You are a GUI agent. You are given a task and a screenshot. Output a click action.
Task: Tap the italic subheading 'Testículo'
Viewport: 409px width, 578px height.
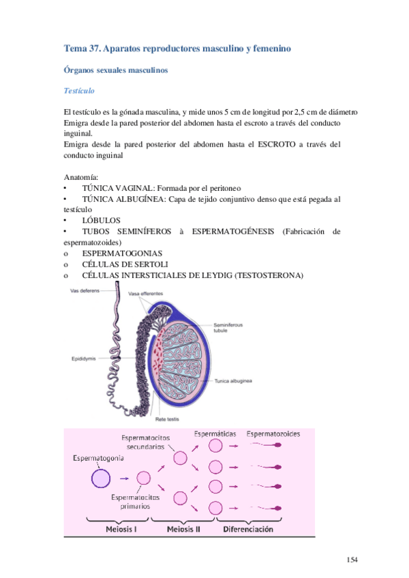tap(78, 91)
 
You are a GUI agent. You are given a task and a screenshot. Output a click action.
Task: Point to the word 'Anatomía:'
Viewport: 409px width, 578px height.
tap(79, 177)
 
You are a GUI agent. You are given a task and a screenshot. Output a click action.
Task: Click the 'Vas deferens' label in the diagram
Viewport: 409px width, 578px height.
tap(85, 291)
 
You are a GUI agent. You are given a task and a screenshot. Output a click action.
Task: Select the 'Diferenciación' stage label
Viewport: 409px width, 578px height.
tap(246, 528)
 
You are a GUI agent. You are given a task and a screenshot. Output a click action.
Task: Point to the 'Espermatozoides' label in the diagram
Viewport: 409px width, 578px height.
tap(273, 433)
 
